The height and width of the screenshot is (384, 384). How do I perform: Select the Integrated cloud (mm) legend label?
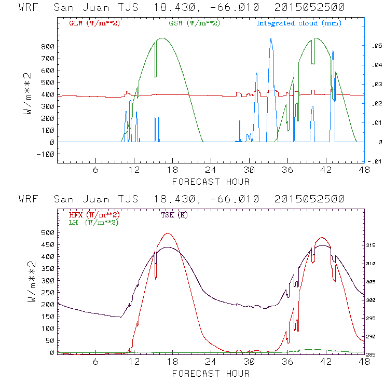point(299,23)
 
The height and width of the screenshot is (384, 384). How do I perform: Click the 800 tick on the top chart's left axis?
point(47,46)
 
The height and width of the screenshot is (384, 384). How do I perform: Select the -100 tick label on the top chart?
point(45,154)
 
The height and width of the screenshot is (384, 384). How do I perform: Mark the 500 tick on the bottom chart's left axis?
point(47,232)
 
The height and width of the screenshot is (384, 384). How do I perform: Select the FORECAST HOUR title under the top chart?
point(211,182)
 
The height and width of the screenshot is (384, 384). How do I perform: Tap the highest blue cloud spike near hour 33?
point(271,39)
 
